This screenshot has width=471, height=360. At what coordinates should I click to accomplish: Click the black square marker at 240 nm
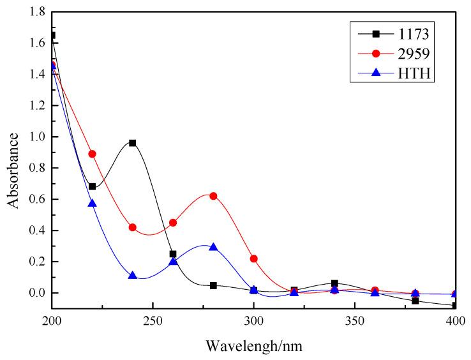(x=133, y=143)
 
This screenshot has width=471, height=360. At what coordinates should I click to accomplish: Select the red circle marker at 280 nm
(x=213, y=196)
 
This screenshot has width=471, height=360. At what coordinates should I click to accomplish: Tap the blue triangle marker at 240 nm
(x=133, y=276)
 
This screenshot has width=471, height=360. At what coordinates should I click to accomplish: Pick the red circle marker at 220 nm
(x=92, y=154)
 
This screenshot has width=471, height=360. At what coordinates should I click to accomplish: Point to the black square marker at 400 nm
(x=454, y=306)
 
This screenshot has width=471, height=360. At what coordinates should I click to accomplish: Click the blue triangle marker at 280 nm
(x=213, y=247)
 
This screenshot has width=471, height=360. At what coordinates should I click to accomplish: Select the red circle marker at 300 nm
(x=253, y=259)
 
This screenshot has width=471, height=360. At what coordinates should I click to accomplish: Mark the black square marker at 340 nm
(x=334, y=283)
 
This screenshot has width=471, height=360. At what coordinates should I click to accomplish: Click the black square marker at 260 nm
(x=173, y=254)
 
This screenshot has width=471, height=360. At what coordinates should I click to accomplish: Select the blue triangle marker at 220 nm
(x=92, y=203)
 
